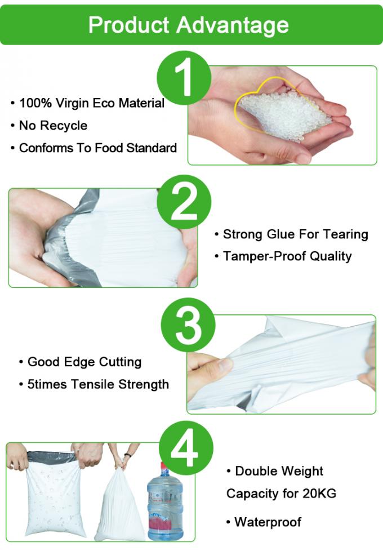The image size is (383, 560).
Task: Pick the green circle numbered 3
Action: tap(186, 326)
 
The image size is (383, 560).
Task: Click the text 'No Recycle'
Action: tap(53, 125)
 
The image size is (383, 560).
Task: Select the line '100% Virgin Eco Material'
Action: tap(92, 103)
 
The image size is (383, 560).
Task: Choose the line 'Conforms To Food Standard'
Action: tap(97, 148)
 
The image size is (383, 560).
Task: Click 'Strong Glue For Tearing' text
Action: tap(295, 234)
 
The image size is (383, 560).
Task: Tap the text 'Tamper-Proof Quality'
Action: tap(287, 256)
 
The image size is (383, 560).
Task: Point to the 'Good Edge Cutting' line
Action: tap(84, 362)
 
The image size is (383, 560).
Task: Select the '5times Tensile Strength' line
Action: tap(98, 384)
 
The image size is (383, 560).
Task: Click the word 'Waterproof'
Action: tap(268, 522)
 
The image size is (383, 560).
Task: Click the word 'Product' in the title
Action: tap(128, 25)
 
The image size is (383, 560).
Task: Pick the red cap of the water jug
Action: tap(162, 466)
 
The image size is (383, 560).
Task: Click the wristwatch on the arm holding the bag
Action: tap(129, 455)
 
